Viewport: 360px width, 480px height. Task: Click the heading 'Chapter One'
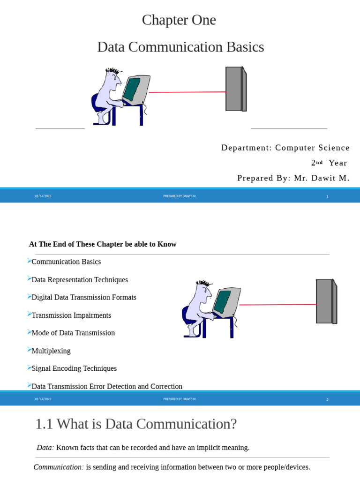click(179, 20)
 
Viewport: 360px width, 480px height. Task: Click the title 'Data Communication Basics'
click(180, 47)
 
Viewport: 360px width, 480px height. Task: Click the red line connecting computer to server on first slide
click(187, 92)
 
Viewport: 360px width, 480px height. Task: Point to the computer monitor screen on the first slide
click(132, 90)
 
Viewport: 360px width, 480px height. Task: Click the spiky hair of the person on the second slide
click(204, 284)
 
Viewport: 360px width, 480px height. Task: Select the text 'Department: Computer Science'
click(285, 148)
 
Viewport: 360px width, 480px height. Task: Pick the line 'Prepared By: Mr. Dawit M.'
click(293, 178)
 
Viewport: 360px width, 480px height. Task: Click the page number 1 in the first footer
click(327, 196)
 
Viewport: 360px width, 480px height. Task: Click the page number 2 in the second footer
click(327, 399)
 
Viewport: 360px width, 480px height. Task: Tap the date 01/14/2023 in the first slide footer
click(43, 196)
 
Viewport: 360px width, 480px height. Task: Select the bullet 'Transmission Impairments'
click(71, 315)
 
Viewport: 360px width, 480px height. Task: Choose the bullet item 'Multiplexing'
click(51, 351)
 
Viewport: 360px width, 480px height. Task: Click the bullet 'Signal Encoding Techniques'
click(74, 369)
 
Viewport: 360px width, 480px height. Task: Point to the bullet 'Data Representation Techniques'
click(79, 280)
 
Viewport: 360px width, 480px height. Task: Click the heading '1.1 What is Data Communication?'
click(136, 424)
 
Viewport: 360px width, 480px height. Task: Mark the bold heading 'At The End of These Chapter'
click(103, 244)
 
